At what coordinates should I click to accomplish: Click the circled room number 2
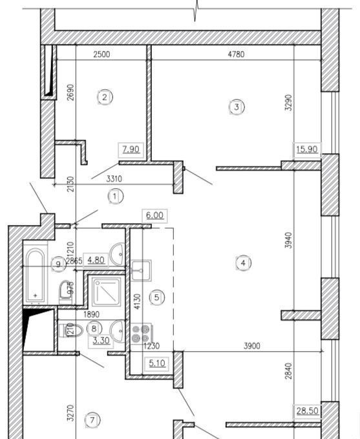105,98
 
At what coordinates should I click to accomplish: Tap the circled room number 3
237,107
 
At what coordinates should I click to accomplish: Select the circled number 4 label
243,263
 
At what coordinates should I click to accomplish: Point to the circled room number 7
92,420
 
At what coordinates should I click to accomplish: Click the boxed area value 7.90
131,149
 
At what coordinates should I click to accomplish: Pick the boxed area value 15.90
307,149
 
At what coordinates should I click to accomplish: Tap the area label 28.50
308,411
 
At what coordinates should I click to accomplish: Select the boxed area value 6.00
155,215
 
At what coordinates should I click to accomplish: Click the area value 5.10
157,363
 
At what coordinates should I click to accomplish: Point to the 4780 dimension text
237,54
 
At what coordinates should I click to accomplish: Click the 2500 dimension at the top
101,54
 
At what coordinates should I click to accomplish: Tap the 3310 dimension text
114,178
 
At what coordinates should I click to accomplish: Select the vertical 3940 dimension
288,241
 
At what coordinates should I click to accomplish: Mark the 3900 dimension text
252,346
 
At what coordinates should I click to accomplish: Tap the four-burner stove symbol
141,334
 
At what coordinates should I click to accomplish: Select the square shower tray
107,292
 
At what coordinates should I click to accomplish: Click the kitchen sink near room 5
141,270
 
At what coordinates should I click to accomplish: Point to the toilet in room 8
71,330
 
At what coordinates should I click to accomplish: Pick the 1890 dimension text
91,314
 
